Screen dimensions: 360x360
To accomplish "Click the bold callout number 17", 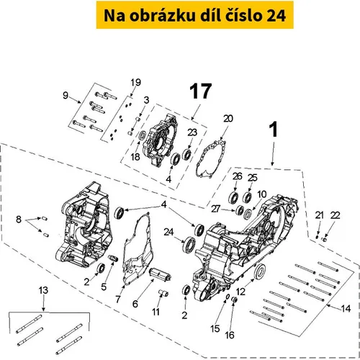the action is [x=201, y=91].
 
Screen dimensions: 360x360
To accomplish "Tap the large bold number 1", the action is [x=274, y=130].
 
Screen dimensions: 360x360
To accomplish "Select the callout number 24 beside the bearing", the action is [x=168, y=232].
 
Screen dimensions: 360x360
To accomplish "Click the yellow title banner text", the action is [x=194, y=16].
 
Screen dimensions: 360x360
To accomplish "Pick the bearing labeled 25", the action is [x=247, y=197].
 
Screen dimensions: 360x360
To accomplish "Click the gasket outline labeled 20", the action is [x=211, y=159].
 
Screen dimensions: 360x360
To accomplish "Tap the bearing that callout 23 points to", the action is [x=186, y=155].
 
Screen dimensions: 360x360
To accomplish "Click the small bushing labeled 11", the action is [x=163, y=293].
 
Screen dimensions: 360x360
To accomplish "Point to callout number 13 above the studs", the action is [x=43, y=290].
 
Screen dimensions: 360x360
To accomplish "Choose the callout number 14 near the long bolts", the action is [x=346, y=308].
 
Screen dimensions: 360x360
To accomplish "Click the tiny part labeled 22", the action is [x=325, y=239].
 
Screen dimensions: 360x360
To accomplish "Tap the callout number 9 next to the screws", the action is [x=66, y=96].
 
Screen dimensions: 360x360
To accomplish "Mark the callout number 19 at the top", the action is [x=135, y=82].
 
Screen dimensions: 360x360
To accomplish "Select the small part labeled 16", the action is [x=235, y=300].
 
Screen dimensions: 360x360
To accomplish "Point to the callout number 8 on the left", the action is [x=19, y=220].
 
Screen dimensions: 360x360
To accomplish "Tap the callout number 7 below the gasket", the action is [x=118, y=300].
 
